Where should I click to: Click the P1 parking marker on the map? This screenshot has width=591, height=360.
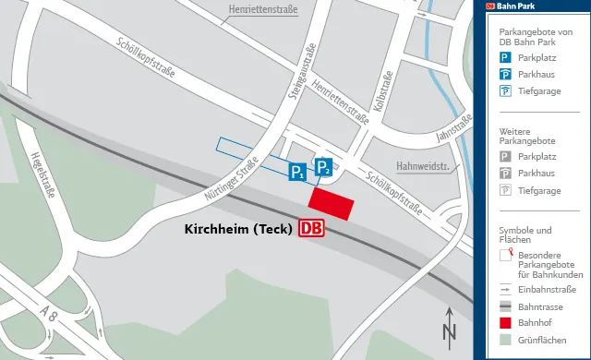point(297,172)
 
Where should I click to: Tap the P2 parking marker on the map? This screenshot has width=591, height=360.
point(324,167)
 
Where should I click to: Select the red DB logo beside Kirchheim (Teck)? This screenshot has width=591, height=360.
point(312,228)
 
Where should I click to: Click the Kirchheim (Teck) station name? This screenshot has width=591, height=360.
point(238,228)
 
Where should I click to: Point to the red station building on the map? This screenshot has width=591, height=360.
point(331,205)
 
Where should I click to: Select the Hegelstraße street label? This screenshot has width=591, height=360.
point(42,176)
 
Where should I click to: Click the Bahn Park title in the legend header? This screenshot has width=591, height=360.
point(517,6)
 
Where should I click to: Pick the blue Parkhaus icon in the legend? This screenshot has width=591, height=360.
point(505,74)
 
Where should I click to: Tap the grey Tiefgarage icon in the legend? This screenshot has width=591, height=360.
point(505,190)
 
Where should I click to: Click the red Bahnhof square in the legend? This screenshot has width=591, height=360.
point(505,323)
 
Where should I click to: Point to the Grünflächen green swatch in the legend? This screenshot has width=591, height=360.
point(505,340)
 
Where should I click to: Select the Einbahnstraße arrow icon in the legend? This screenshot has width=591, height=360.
point(505,289)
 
